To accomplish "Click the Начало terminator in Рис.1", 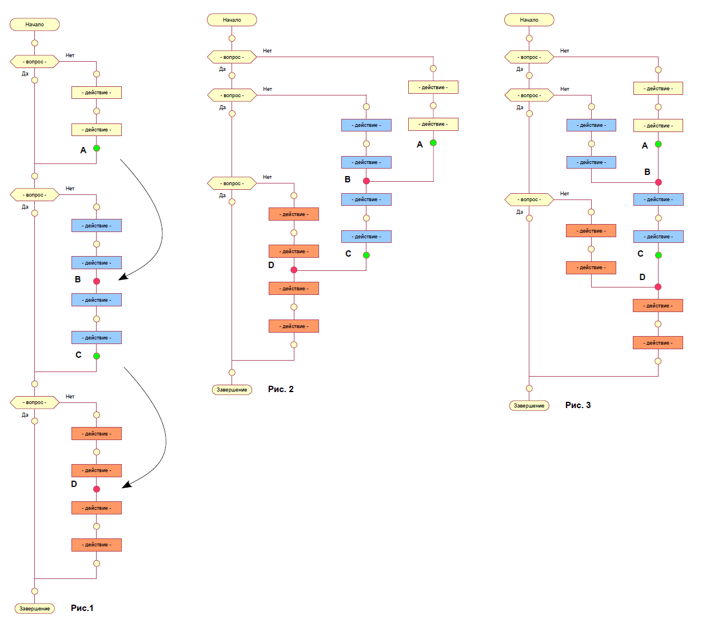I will point(35,25).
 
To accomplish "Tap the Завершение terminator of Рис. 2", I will point(232,390).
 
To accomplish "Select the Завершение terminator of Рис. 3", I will point(529,406).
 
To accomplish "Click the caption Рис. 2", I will point(281,389).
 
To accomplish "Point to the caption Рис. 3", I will point(578,405).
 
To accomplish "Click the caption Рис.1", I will point(82,608).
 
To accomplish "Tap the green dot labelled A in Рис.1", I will point(97,148).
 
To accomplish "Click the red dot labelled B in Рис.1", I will point(97,281).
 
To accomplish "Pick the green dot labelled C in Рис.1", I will point(97,356).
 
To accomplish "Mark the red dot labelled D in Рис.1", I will point(97,489).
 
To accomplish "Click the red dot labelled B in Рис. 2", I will point(366,181).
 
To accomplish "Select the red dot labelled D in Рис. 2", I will point(294,270).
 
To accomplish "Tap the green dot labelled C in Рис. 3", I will point(658,255).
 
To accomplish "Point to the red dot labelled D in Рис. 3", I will point(658,287).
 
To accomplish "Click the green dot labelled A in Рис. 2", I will point(433,143).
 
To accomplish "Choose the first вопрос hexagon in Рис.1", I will point(35,62).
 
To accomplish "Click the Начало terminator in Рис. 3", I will point(529,20).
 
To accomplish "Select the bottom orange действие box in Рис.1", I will point(97,545).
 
